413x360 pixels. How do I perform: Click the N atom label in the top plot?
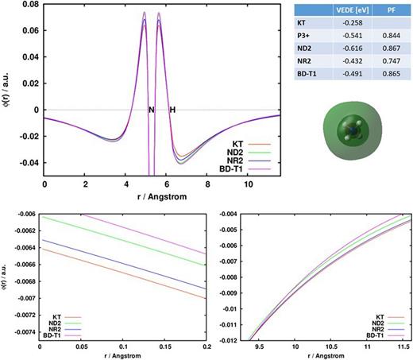[x=151, y=109]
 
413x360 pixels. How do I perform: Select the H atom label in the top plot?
[x=172, y=109]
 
